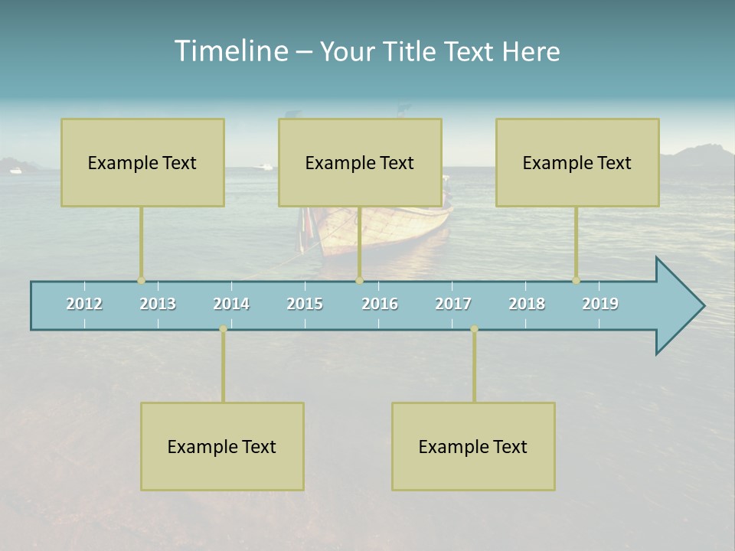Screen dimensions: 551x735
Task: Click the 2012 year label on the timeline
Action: click(84, 304)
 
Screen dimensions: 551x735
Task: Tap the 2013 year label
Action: click(158, 304)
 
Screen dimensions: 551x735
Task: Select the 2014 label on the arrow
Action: click(231, 304)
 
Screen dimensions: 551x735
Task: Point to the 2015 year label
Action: click(305, 304)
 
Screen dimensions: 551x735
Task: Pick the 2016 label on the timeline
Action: click(380, 304)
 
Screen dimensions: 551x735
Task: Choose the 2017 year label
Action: click(453, 304)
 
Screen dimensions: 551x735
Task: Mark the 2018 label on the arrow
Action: click(527, 304)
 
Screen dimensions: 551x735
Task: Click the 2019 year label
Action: click(600, 304)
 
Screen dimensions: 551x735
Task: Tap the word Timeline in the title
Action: click(230, 51)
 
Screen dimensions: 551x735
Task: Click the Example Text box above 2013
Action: click(142, 162)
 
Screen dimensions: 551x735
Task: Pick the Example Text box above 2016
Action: click(360, 162)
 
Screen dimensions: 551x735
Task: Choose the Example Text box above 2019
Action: click(577, 162)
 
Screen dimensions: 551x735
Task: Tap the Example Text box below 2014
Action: click(222, 446)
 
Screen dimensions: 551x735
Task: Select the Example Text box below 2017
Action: click(473, 446)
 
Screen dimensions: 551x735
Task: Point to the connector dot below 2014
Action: click(223, 329)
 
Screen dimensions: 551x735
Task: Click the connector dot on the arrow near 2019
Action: click(576, 281)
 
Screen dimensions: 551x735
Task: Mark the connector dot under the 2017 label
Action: click(474, 329)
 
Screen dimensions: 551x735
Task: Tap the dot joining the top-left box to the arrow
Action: click(141, 281)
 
